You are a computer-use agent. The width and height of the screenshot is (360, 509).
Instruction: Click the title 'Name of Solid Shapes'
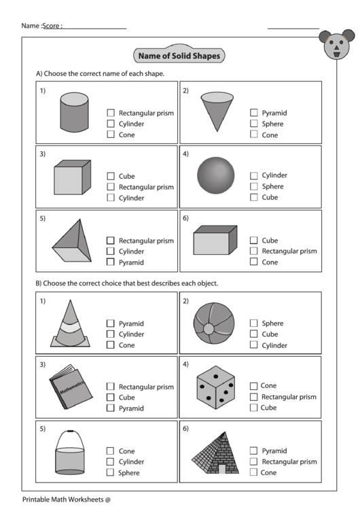point(179,56)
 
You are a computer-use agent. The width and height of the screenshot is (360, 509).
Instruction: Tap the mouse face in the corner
point(334,45)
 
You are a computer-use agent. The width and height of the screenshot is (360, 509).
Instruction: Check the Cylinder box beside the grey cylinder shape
point(110,124)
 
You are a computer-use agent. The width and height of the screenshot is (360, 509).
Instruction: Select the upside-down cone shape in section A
point(217,111)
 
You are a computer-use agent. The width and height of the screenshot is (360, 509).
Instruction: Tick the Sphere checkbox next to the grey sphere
point(253,186)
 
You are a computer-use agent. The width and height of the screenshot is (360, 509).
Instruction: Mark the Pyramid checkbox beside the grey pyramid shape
point(110,262)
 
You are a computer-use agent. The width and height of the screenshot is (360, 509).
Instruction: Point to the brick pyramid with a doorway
point(215,454)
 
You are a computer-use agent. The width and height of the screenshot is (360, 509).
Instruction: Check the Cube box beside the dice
point(253,408)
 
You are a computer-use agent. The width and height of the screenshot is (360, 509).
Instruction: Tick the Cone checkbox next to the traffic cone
point(110,345)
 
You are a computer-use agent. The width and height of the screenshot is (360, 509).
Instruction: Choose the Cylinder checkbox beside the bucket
point(110,461)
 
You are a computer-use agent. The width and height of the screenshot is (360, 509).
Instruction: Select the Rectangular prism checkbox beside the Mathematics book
point(110,387)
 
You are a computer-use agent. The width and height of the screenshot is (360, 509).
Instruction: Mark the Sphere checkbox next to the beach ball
point(253,323)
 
